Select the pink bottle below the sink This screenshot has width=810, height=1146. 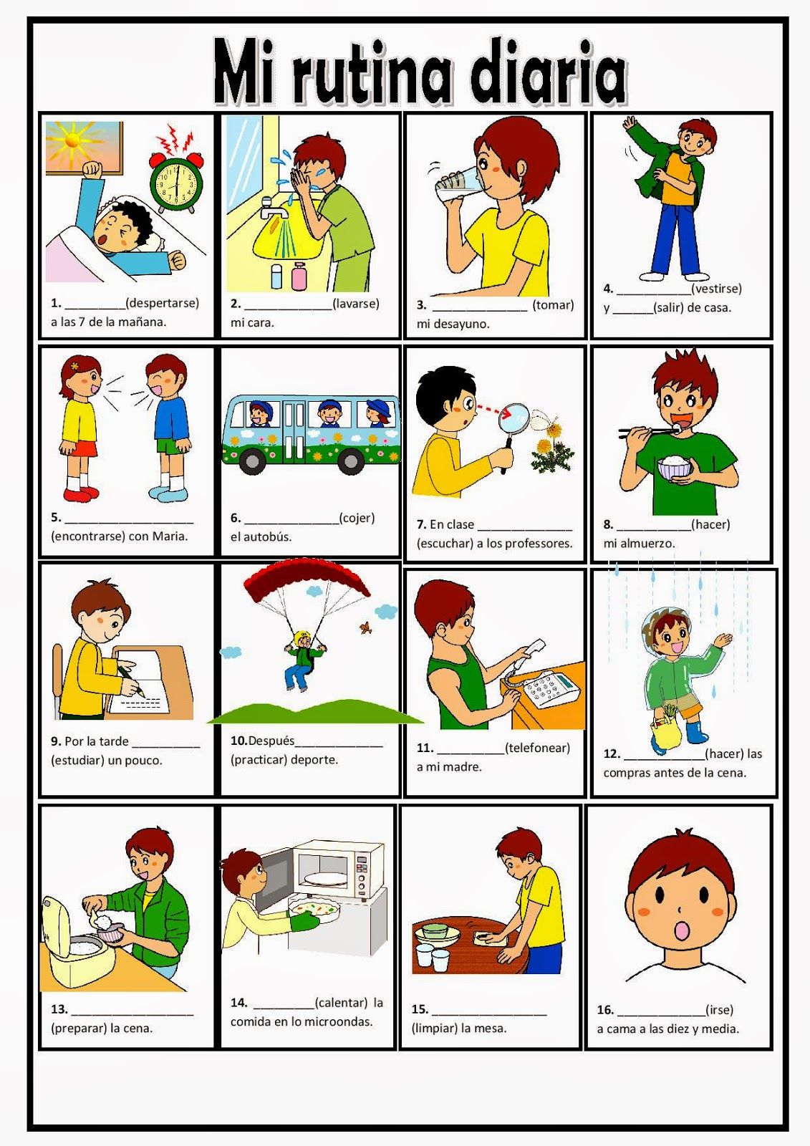click(x=299, y=276)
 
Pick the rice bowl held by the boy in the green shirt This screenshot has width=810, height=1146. click(x=675, y=468)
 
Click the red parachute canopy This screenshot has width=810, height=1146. click(x=305, y=579)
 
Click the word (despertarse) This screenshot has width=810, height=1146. click(x=163, y=303)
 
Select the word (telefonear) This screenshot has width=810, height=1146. click(x=537, y=748)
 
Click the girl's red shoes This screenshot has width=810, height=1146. click(x=81, y=493)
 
